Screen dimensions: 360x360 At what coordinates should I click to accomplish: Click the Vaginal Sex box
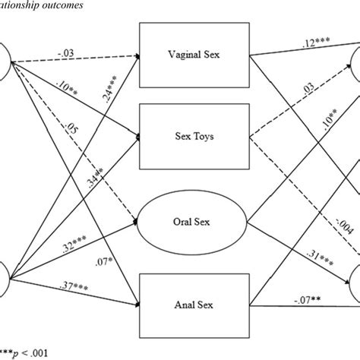[194, 55]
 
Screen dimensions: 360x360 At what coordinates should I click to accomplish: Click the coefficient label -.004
[309, 222]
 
